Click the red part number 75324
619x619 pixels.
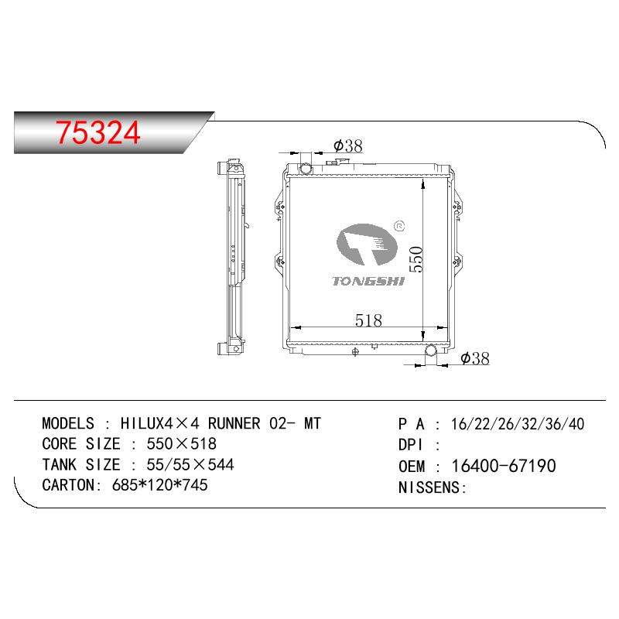[x=98, y=132]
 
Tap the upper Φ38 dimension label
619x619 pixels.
[x=347, y=146]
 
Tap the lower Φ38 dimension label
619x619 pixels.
[x=475, y=358]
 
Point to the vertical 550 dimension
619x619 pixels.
[x=416, y=259]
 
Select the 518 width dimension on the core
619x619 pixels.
[x=368, y=320]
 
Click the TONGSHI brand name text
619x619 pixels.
[x=368, y=281]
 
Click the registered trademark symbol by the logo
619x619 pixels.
[x=399, y=226]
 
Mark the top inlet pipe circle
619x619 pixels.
[x=306, y=169]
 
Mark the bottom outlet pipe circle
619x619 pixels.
[x=431, y=350]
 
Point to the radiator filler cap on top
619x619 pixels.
[x=339, y=162]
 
